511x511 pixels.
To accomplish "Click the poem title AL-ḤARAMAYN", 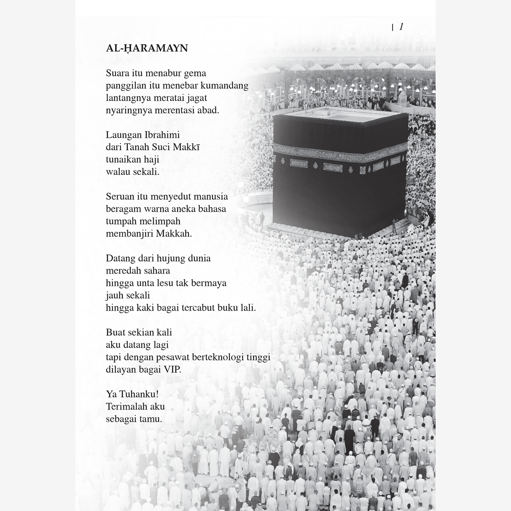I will pyautogui.click(x=147, y=48).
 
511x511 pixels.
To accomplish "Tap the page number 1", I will pyautogui.click(x=401, y=27).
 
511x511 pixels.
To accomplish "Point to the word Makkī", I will pyautogui.click(x=186, y=147).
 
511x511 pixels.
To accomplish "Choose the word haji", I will pyautogui.click(x=152, y=159).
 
